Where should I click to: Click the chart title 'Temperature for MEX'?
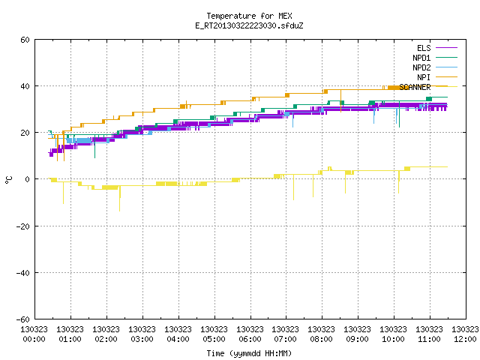249,16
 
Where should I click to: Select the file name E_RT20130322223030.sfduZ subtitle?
249,25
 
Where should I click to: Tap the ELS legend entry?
437,48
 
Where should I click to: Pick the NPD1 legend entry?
435,58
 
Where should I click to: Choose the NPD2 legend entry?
435,67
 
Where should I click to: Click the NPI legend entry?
437,77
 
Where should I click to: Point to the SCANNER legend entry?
428,87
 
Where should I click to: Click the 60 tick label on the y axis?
25,40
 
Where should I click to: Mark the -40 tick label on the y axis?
23,273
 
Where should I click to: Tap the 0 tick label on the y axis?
28,179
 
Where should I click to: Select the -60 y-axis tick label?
23,319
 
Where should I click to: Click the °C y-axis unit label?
8,180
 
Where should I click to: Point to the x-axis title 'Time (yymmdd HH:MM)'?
249,353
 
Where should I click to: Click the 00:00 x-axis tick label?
34,339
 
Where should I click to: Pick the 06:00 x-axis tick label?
250,339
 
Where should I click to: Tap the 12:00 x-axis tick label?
465,339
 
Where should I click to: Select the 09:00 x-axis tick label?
357,339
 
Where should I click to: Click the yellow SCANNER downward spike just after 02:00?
120,198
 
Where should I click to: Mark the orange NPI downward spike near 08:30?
340,101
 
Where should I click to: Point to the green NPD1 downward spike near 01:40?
95,146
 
